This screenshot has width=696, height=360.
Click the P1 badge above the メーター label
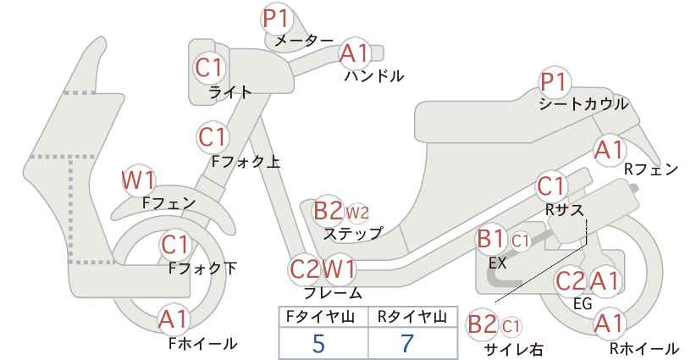[277, 19]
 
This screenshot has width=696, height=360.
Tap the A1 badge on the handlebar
[355, 53]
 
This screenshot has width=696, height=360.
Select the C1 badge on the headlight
[209, 68]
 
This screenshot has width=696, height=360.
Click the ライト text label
[230, 92]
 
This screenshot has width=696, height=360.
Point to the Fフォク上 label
[246, 162]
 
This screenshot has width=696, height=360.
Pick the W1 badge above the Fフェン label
[139, 180]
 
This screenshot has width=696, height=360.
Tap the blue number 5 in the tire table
[318, 344]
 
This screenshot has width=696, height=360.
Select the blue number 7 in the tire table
[406, 344]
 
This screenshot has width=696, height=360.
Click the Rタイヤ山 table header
[412, 317]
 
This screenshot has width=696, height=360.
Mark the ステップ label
[352, 233]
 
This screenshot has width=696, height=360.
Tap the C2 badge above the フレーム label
[305, 269]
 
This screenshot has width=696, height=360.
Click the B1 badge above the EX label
[490, 240]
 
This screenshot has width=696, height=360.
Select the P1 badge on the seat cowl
[554, 83]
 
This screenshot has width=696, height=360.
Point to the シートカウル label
[583, 105]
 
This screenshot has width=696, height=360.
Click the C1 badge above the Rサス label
[551, 187]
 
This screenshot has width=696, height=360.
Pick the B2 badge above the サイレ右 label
[483, 324]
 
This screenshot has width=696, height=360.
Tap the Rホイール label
[644, 348]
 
